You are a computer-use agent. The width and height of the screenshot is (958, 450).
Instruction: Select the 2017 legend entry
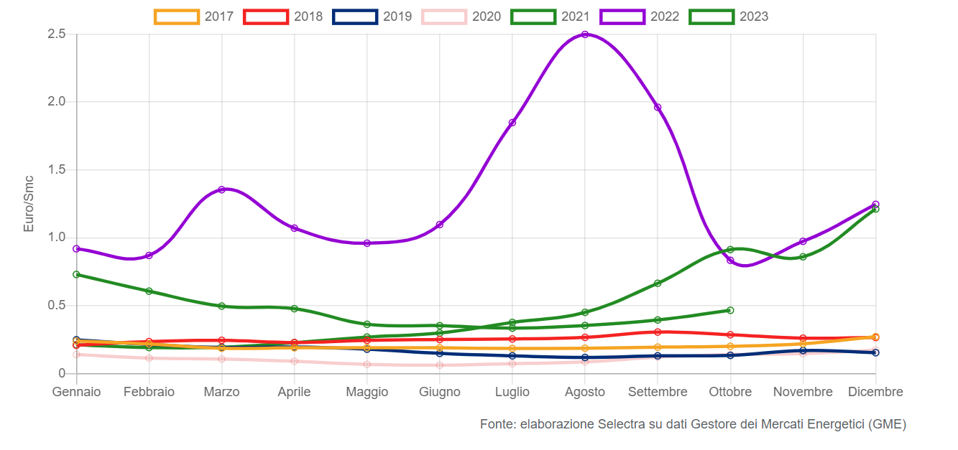click(x=194, y=17)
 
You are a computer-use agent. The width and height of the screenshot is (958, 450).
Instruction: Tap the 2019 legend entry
click(x=372, y=17)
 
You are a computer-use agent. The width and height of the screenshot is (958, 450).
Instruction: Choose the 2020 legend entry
click(x=461, y=17)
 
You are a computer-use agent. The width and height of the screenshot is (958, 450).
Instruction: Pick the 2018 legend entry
click(x=283, y=17)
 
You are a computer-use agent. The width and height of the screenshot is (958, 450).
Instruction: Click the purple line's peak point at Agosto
click(x=585, y=34)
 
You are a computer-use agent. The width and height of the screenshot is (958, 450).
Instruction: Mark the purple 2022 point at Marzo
click(x=222, y=189)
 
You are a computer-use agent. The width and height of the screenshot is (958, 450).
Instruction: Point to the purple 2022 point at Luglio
click(x=512, y=123)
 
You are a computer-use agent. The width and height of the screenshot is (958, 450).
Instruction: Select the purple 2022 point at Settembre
click(x=658, y=108)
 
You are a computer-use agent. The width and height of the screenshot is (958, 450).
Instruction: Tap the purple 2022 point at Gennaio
click(x=76, y=248)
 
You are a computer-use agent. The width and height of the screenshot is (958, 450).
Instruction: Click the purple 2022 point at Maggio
click(x=367, y=243)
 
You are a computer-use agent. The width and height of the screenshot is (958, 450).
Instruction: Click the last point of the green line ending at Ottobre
click(x=730, y=310)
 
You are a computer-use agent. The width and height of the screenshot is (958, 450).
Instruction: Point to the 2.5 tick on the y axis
click(x=57, y=34)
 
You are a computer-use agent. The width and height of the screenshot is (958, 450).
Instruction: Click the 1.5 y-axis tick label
click(x=57, y=169)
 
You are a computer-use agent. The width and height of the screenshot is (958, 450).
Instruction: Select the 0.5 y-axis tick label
click(x=57, y=305)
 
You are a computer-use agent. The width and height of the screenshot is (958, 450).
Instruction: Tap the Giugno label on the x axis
click(x=439, y=392)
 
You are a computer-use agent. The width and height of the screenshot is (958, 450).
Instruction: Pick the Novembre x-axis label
click(x=803, y=392)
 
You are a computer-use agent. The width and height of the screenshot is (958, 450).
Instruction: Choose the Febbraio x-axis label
click(x=149, y=392)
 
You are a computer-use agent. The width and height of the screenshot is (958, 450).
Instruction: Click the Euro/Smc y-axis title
click(x=29, y=203)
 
